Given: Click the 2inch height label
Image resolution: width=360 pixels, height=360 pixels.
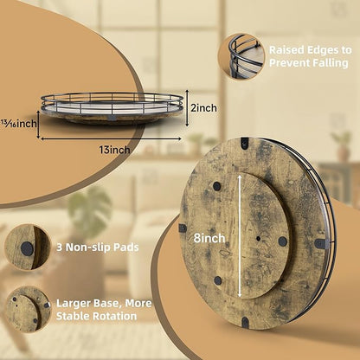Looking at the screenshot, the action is [x=203, y=108].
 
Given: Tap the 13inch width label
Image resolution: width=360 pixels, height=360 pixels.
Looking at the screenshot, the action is [x=114, y=150].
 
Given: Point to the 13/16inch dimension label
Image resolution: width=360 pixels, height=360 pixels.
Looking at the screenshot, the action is [x=18, y=124].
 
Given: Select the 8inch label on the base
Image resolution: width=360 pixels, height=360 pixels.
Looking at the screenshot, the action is [x=209, y=238].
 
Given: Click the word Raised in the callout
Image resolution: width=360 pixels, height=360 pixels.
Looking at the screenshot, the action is [x=286, y=50].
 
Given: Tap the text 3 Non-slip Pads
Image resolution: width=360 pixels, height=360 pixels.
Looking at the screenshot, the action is [x=98, y=247].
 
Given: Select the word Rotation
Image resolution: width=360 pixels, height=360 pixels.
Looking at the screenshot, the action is [x=114, y=316].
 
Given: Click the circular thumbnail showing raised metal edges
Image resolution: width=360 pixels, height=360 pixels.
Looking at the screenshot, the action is [x=241, y=56].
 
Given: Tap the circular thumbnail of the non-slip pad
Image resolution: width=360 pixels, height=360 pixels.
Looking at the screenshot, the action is [x=28, y=247].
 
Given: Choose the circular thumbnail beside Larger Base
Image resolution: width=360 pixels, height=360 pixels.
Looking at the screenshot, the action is [x=28, y=309].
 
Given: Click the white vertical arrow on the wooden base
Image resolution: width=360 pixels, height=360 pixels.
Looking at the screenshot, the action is [x=240, y=236].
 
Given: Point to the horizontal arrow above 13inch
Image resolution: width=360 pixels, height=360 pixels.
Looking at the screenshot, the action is [x=112, y=138].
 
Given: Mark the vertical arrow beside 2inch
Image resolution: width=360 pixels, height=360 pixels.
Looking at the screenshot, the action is [x=187, y=107].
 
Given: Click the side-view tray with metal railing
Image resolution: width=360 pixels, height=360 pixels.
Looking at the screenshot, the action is [x=112, y=108].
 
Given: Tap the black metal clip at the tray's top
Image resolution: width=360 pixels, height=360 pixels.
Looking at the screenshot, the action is [x=245, y=142].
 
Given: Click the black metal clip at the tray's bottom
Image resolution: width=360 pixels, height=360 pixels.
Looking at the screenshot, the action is [x=245, y=322].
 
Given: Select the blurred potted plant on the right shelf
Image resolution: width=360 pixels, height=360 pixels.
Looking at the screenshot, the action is [x=343, y=145].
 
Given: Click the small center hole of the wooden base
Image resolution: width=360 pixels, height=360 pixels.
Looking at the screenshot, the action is [x=258, y=239].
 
